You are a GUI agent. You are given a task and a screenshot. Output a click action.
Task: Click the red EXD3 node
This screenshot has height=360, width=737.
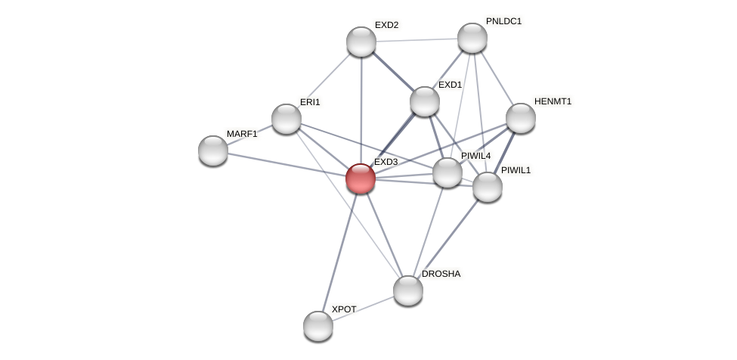pos(361,178)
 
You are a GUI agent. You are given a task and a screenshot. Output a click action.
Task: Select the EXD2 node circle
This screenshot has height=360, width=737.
pos(361,42)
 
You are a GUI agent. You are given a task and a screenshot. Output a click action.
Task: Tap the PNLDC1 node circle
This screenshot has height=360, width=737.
pos(472,38)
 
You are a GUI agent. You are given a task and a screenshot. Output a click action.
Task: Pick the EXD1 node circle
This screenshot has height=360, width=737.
pos(425,101)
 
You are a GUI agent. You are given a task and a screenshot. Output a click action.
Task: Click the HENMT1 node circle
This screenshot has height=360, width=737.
pos(521,118)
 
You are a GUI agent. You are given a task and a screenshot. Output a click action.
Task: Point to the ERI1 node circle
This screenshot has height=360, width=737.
pos(286,119)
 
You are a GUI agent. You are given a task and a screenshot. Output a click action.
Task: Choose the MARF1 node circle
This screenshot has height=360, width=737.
pos(213,150)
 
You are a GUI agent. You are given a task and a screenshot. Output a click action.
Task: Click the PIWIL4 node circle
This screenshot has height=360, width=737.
pos(447,172)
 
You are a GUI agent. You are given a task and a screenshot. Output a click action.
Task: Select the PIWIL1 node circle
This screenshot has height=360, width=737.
pos(488,187)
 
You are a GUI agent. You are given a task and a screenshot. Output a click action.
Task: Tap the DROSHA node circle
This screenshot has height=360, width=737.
pos(408,290)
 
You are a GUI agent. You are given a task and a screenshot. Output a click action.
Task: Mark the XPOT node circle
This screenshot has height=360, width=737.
pos(318,326)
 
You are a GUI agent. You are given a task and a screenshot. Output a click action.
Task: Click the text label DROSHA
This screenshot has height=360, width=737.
pos(441,274)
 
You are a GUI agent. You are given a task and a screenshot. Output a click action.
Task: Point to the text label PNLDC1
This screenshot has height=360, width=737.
pos(503,21)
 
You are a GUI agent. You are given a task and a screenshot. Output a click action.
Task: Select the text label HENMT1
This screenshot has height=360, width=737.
pos(553,101)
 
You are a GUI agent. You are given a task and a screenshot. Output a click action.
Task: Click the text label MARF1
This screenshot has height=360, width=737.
pos(242,134)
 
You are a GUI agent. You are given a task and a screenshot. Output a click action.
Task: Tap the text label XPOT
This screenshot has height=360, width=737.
pos(344,309)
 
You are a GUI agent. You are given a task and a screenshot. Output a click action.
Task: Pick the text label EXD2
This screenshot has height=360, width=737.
pos(386,25)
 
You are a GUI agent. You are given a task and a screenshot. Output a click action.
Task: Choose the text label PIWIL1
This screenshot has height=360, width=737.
pos(516,170)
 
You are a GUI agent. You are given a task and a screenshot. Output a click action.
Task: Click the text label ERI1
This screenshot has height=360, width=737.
pos(310,102)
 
